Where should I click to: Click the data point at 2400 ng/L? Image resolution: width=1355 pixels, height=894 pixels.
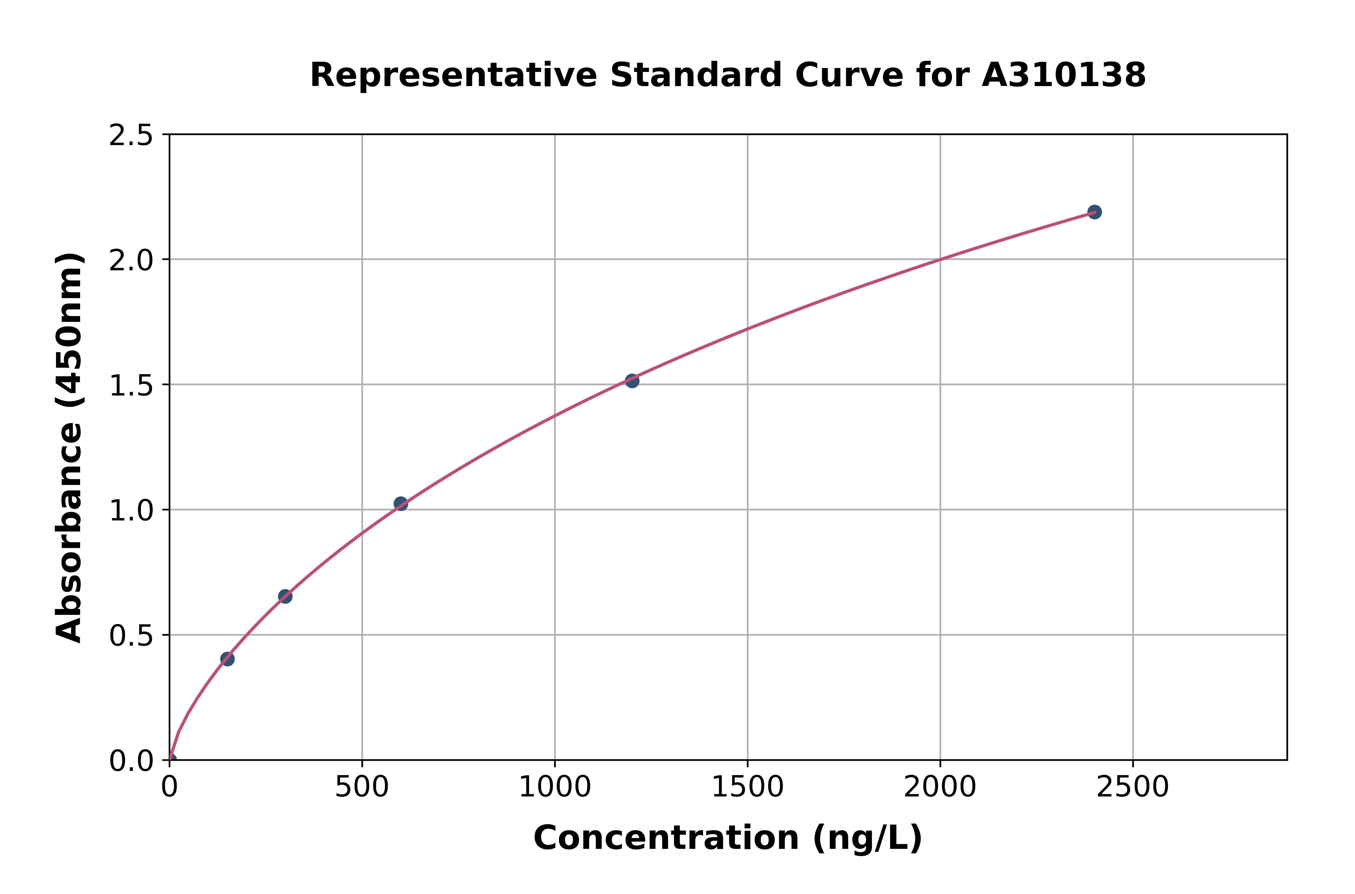pyautogui.click(x=1094, y=212)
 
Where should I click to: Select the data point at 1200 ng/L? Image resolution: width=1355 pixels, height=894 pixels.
pyautogui.click(x=632, y=381)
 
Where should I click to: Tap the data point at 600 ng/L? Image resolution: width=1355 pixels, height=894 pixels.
pyautogui.click(x=401, y=504)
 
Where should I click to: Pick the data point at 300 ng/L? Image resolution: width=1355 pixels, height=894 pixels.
pyautogui.click(x=285, y=596)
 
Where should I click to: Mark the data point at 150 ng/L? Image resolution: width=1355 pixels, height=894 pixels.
pyautogui.click(x=228, y=659)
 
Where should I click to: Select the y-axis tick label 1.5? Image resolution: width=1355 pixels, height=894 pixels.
pyautogui.click(x=131, y=385)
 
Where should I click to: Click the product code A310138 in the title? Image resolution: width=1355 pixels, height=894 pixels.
pyautogui.click(x=1064, y=75)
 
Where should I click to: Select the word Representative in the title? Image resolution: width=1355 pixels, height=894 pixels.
pyautogui.click(x=453, y=75)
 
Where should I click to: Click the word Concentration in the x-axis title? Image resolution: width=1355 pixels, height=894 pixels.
pyautogui.click(x=666, y=838)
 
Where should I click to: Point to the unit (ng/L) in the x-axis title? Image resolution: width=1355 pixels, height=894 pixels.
pyautogui.click(x=867, y=838)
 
